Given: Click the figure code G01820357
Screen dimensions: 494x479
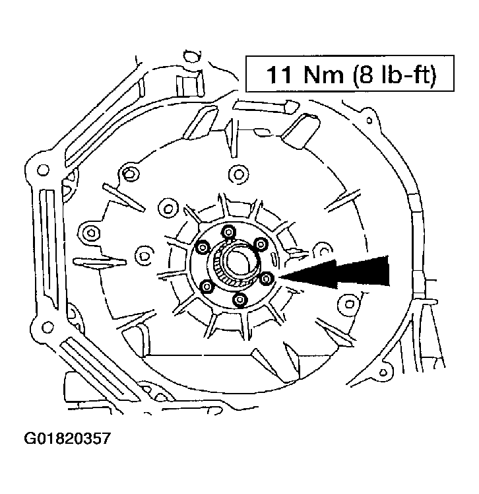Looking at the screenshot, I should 67,438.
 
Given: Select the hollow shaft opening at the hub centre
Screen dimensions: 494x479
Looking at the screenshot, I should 236,263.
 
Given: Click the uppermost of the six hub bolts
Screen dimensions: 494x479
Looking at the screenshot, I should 229,232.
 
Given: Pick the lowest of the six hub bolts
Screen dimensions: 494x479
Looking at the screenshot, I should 240,301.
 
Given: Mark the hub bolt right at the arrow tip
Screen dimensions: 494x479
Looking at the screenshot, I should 266,279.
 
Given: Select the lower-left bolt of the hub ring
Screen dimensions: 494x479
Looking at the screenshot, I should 207,287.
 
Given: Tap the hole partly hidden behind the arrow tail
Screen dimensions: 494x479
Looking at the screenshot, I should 323,249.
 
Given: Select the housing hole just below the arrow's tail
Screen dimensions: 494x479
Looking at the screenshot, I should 348,302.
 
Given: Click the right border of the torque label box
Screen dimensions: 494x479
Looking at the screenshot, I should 454,75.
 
